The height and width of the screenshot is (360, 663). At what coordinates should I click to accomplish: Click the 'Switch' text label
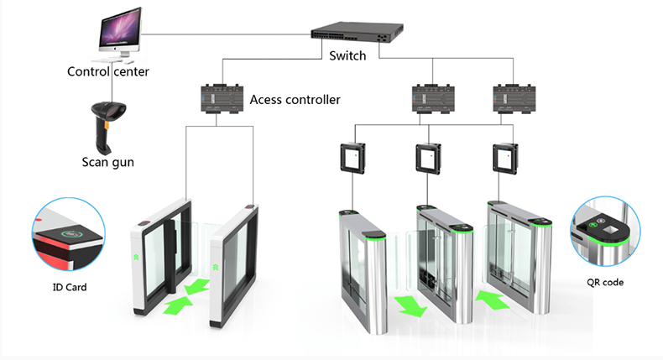point(347,56)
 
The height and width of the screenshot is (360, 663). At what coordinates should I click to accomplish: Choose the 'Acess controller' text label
point(295,100)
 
